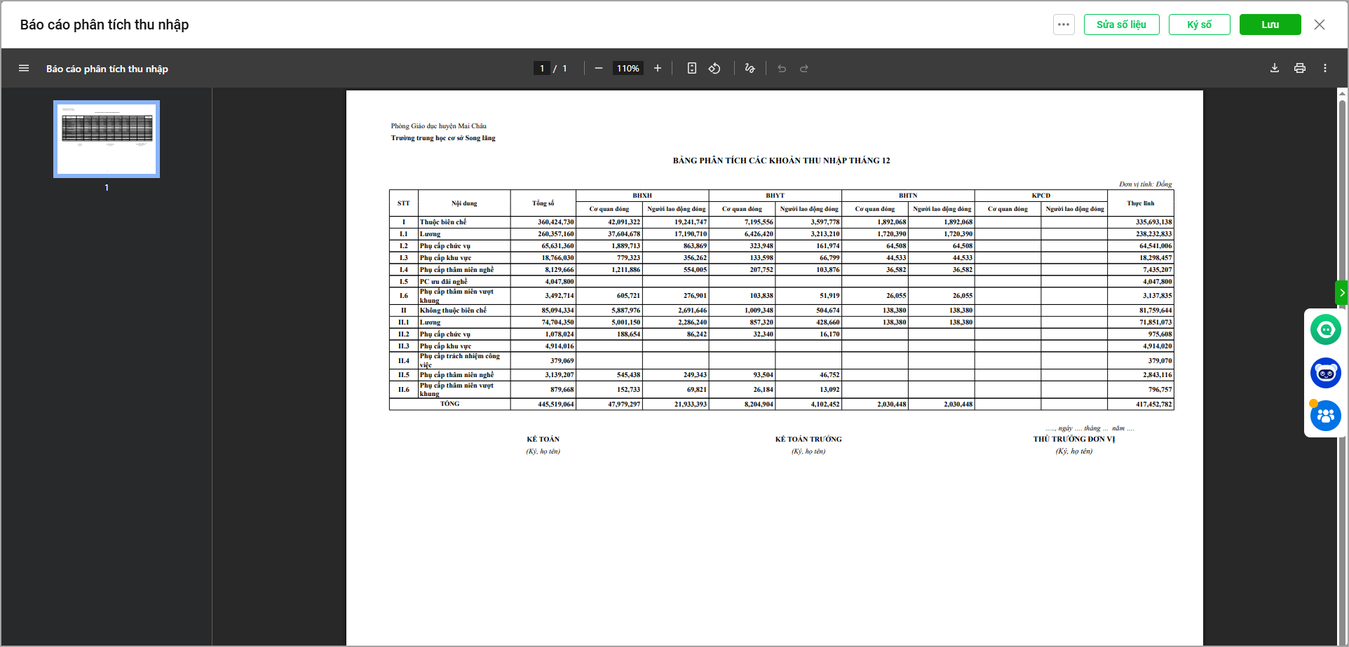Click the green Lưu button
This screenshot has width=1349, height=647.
1270,25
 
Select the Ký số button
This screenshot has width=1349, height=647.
1199,25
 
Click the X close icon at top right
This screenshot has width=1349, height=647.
1319,25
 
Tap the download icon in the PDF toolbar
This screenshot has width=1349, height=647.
1274,68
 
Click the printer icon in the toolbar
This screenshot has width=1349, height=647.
1299,68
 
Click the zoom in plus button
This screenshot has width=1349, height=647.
657,68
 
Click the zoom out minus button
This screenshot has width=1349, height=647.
598,68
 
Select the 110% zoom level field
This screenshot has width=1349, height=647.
628,68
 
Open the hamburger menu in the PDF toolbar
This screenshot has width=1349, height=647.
24,68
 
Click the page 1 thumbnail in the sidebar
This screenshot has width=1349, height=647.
107,139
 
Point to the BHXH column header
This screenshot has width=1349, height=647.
642,196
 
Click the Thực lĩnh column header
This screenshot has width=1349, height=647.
1140,203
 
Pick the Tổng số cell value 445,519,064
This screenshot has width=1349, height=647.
555,404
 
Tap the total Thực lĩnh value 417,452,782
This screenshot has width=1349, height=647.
1153,404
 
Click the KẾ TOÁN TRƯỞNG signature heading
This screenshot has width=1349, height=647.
808,440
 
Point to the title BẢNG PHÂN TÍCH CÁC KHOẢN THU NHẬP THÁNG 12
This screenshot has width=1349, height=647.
781,161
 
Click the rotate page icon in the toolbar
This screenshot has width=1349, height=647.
714,68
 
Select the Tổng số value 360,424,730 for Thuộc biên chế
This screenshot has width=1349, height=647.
555,222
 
